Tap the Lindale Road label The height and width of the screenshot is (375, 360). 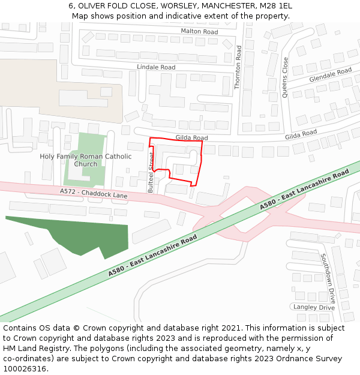pyautogui.click(x=156, y=67)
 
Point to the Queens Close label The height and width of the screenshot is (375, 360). pyautogui.click(x=285, y=77)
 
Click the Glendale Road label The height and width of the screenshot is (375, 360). pyautogui.click(x=330, y=75)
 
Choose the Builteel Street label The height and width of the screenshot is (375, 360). pyautogui.click(x=151, y=172)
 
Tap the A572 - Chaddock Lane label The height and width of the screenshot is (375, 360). pyautogui.click(x=94, y=193)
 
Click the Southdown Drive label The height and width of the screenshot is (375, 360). pyautogui.click(x=328, y=277)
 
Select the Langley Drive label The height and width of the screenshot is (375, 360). pyautogui.click(x=314, y=307)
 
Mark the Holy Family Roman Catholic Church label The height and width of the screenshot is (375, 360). pyautogui.click(x=85, y=160)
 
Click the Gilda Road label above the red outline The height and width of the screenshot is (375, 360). pyautogui.click(x=191, y=138)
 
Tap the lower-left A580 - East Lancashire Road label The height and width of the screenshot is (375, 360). pyautogui.click(x=152, y=256)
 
